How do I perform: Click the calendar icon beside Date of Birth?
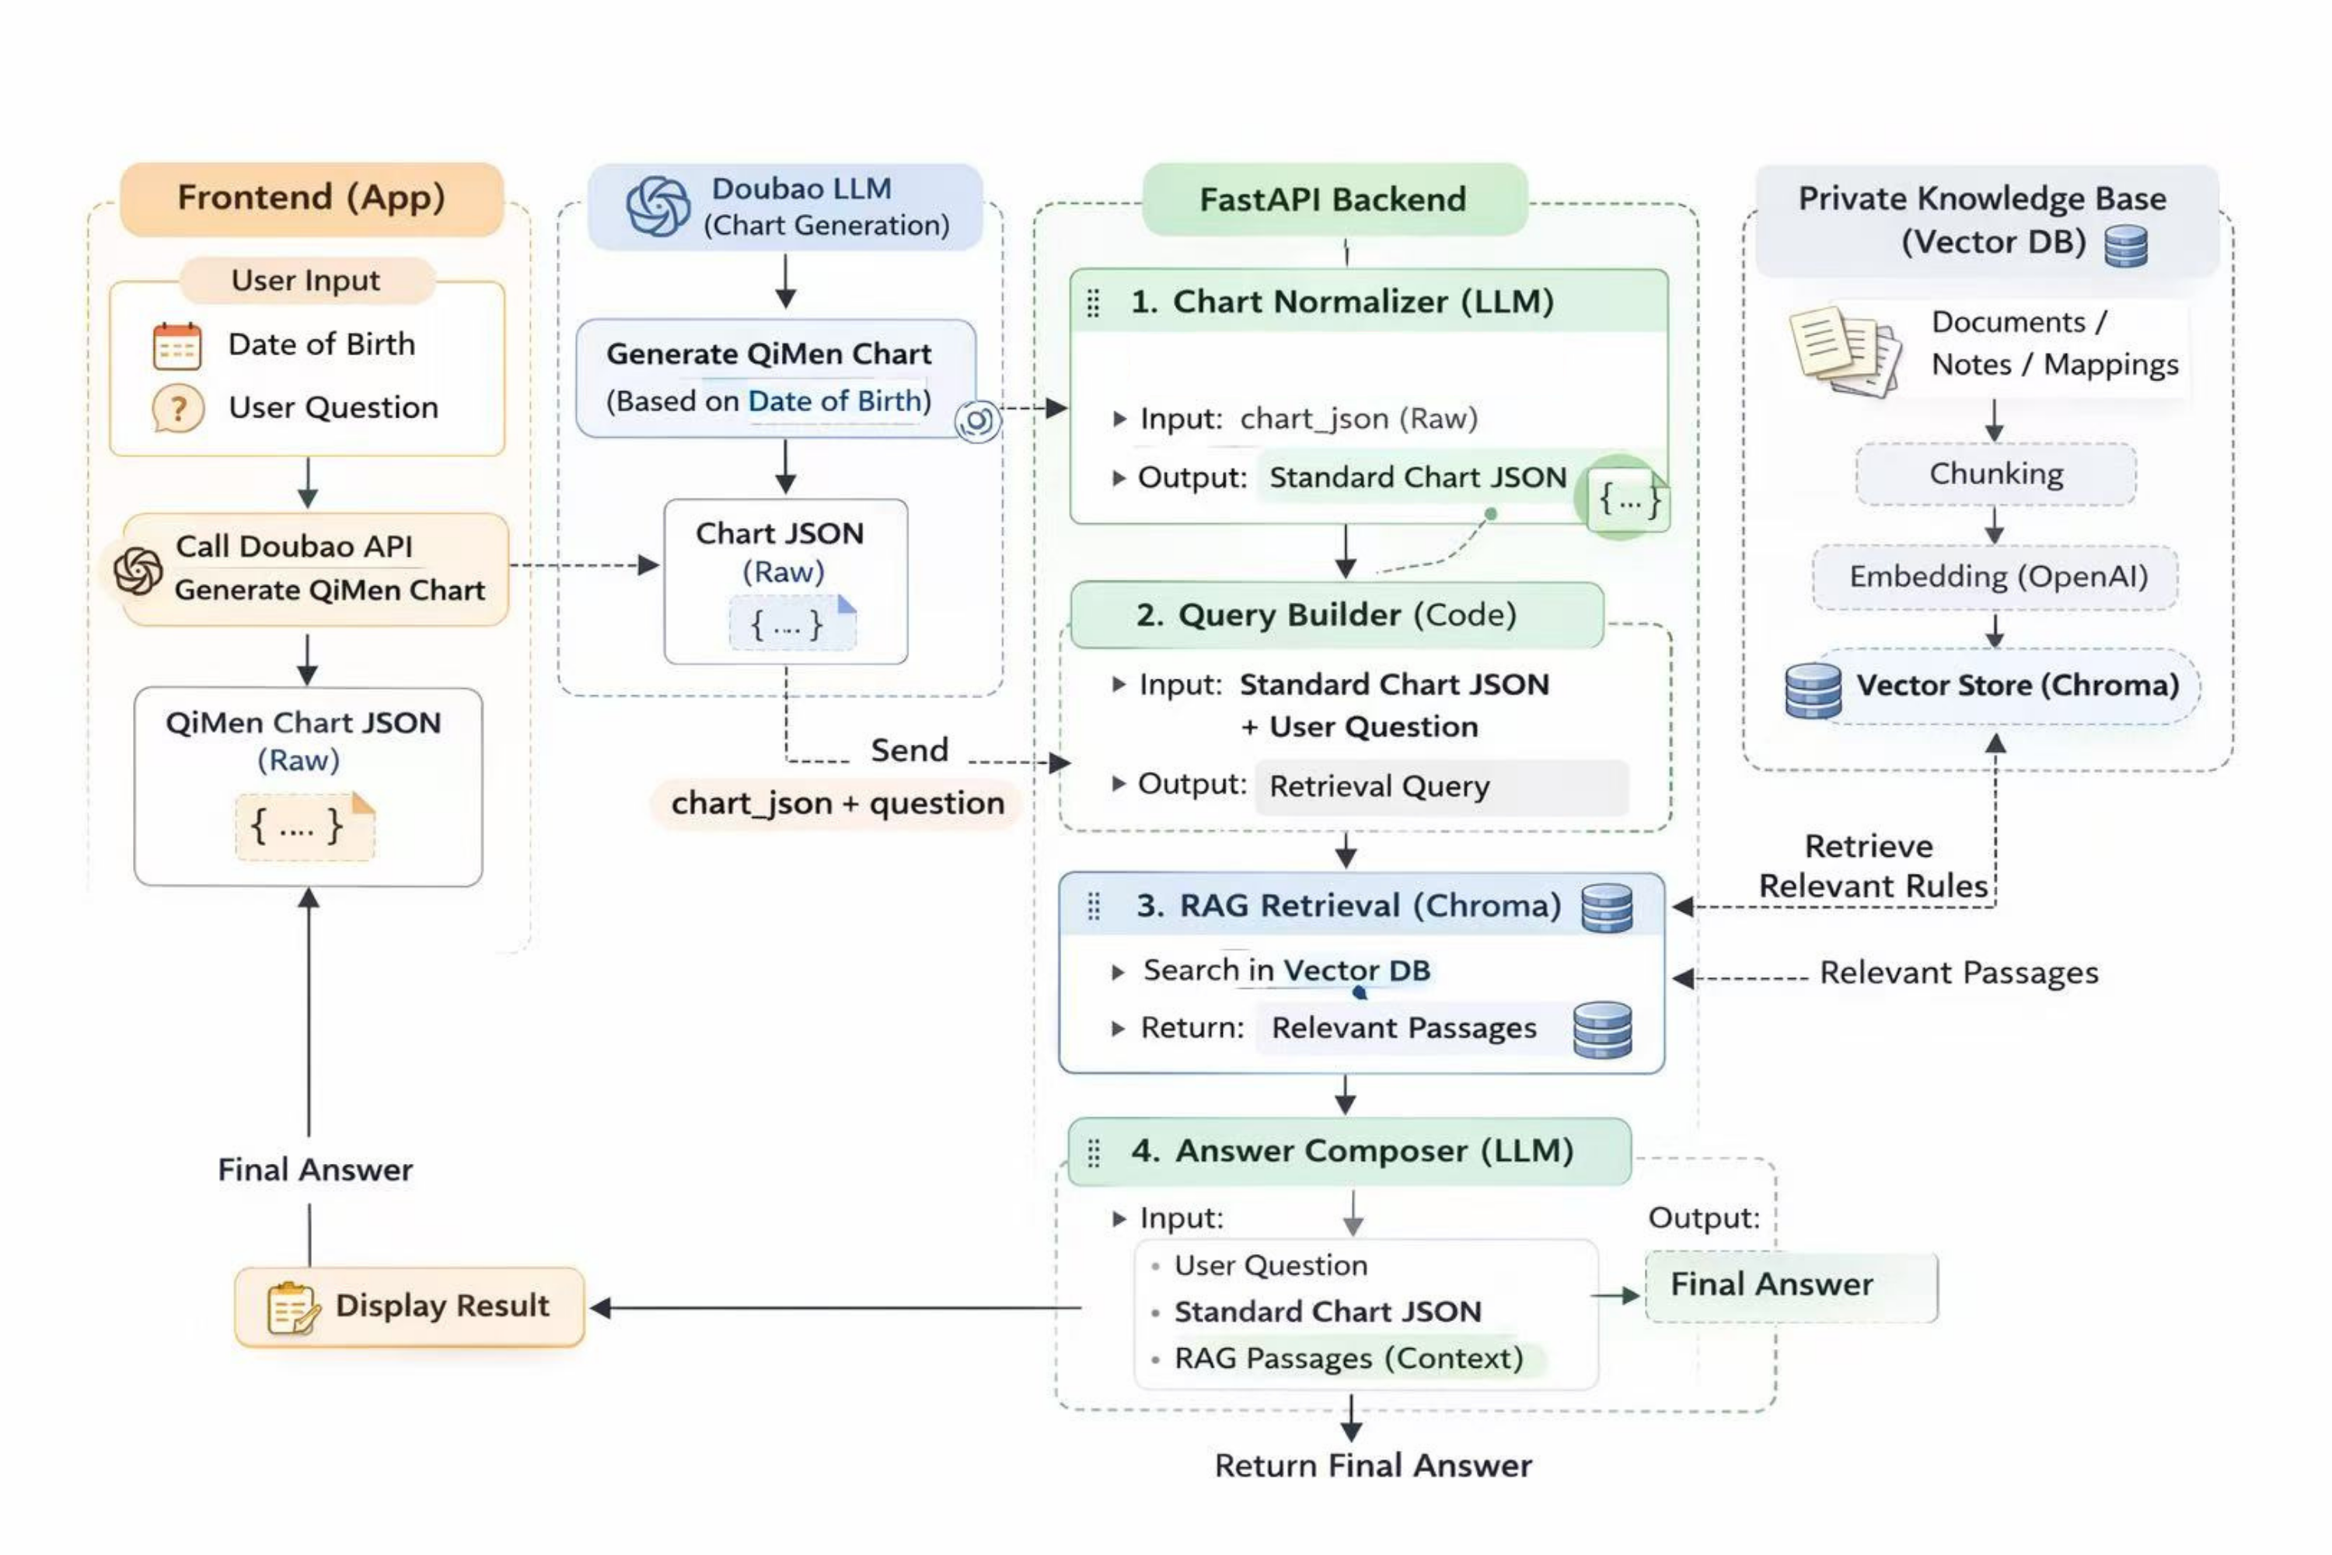177,346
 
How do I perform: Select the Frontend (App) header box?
312,198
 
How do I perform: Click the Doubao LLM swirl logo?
658,206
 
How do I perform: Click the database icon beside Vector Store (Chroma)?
1813,690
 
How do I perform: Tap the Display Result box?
410,1306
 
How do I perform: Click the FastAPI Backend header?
1334,199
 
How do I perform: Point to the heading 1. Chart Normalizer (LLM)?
1342,302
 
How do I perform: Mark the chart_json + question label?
837,803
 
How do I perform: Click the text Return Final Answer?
1374,1466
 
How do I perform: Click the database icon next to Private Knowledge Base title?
2126,246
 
